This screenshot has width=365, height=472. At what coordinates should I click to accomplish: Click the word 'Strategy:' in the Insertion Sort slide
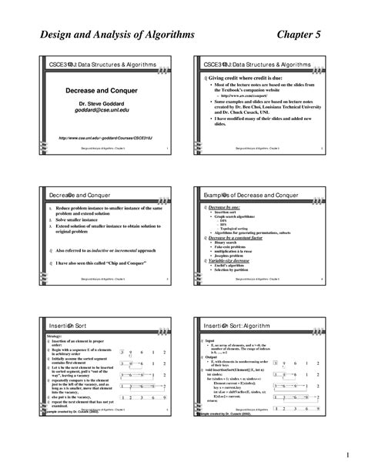click(x=55, y=336)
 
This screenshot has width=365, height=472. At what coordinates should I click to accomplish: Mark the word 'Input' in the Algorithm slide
click(x=211, y=340)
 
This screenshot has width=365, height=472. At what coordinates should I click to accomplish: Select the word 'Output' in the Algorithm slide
click(x=213, y=357)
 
